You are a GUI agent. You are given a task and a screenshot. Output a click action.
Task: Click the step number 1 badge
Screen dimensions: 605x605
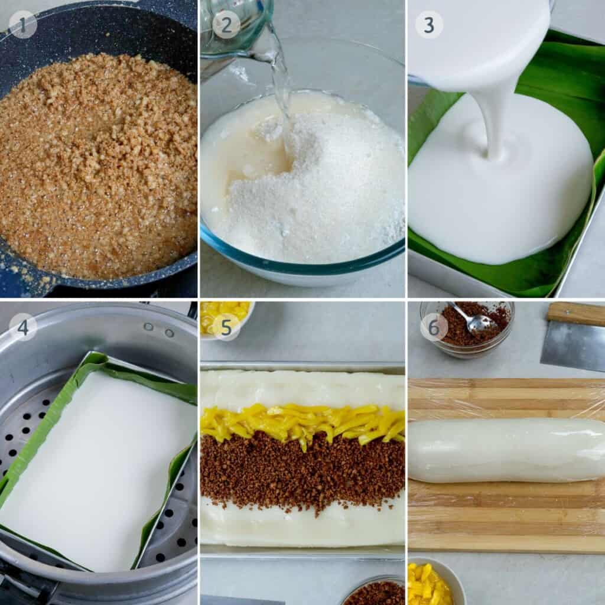pos(23,24)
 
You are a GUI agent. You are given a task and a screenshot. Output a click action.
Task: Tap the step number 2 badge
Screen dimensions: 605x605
pos(226,24)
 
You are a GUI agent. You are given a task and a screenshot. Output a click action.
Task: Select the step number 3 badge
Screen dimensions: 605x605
pos(429,24)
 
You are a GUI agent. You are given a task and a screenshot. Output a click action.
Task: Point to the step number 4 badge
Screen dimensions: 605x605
pos(23,327)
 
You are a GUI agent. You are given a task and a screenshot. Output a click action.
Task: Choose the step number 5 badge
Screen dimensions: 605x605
pos(226,327)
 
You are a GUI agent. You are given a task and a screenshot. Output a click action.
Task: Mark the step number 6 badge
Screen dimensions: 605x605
pos(434,327)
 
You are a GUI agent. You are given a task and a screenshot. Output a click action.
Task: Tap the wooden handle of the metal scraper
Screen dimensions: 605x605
pos(575,313)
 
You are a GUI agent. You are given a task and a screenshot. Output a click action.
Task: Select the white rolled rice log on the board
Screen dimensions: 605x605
pos(506,450)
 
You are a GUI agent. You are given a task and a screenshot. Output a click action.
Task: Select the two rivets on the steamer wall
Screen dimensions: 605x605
pos(158,330)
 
